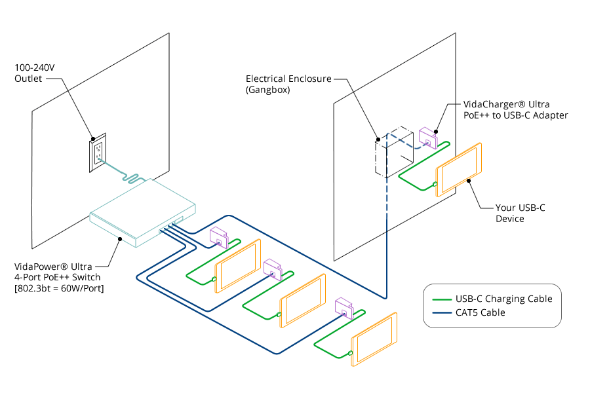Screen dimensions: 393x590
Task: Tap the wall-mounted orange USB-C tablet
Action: tap(459, 169)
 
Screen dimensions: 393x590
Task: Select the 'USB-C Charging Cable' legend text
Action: tap(503, 299)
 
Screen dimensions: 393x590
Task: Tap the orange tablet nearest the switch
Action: tap(238, 265)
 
